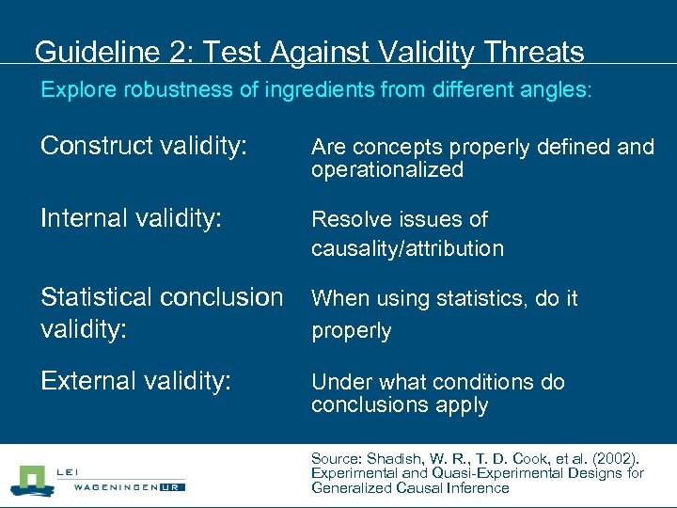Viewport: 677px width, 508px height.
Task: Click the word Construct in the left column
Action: point(96,146)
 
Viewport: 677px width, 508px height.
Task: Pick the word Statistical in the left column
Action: point(95,297)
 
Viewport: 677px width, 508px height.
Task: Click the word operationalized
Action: point(387,170)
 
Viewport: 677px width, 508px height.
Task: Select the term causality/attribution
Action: point(407,249)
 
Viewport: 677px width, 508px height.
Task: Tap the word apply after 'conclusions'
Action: point(463,405)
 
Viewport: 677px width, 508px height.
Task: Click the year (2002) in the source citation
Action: point(615,459)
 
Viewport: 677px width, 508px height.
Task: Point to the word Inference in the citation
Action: point(475,487)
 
